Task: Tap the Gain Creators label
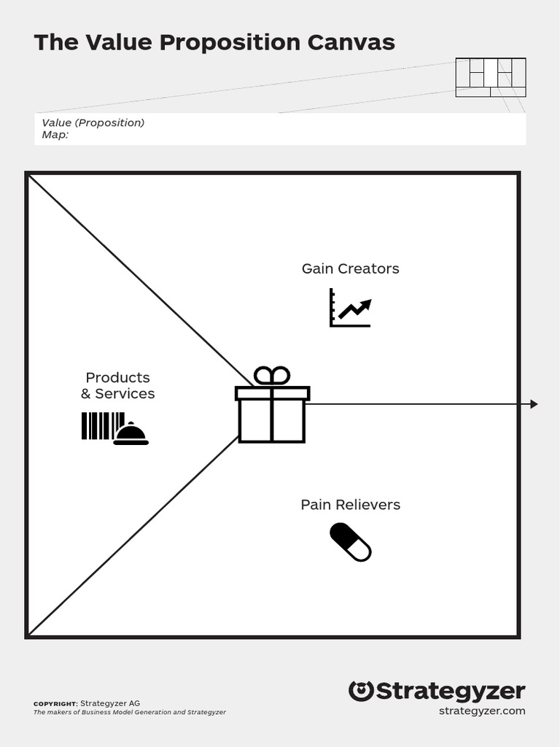click(350, 268)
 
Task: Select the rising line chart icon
click(350, 308)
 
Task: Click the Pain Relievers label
click(350, 505)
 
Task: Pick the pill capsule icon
click(351, 542)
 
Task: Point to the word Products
click(117, 377)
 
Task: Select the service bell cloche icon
click(131, 434)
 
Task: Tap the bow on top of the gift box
click(272, 376)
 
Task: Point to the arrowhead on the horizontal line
click(534, 404)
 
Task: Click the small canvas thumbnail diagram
click(491, 77)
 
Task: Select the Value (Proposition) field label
click(93, 123)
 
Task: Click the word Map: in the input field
click(55, 134)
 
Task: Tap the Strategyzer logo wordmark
click(451, 692)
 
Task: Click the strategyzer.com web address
click(481, 711)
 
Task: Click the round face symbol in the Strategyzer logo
click(361, 691)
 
